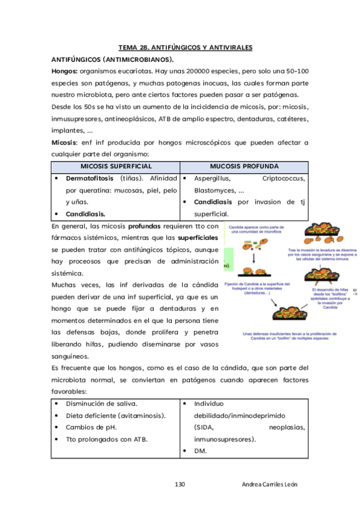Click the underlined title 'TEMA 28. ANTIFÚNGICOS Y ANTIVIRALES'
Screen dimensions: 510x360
pyautogui.click(x=185, y=48)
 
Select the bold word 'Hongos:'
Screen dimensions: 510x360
pyautogui.click(x=68, y=71)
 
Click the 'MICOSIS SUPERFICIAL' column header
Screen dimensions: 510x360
pyautogui.click(x=116, y=166)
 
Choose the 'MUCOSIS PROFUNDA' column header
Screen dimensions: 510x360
pyautogui.click(x=243, y=166)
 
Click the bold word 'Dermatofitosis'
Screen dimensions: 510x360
pyautogui.click(x=91, y=179)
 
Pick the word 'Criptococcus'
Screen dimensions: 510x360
pyautogui.click(x=284, y=179)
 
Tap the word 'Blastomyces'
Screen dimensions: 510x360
pyautogui.click(x=215, y=190)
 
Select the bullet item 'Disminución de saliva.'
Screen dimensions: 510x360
pyautogui.click(x=102, y=404)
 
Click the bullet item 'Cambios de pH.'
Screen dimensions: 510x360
pyautogui.click(x=91, y=427)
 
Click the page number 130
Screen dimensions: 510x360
pyautogui.click(x=180, y=485)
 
